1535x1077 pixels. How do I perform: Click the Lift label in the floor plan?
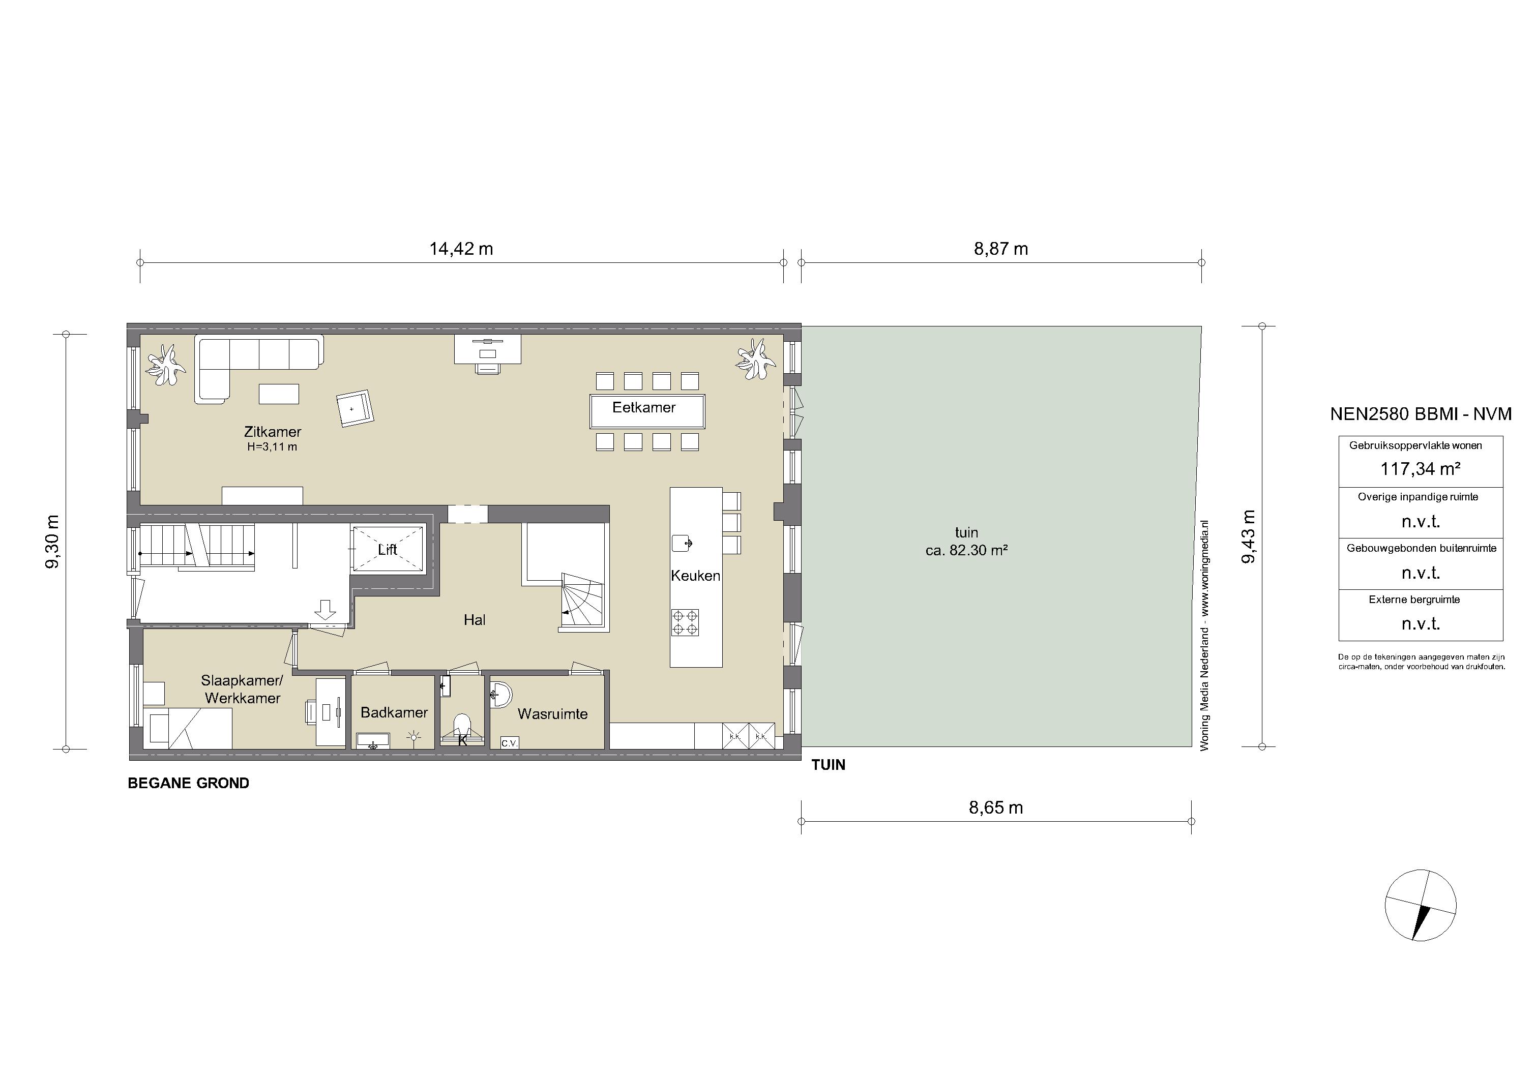tap(387, 550)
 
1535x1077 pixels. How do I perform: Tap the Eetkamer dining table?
tap(647, 411)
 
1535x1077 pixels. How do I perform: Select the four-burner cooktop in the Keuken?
tap(685, 622)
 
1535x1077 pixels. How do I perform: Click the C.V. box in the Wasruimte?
tap(510, 743)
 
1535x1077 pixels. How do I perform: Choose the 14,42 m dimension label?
tap(461, 249)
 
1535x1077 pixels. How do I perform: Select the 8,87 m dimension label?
tap(1001, 249)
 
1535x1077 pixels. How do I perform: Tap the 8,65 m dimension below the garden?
tap(996, 807)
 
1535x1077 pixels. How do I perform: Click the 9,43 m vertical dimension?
tap(1248, 537)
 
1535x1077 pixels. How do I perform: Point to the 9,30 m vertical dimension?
tap(52, 542)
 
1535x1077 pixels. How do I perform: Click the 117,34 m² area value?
tap(1420, 469)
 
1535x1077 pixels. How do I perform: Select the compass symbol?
tap(1420, 906)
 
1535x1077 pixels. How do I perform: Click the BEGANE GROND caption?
tap(189, 783)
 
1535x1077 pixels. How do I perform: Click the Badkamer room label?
tap(394, 712)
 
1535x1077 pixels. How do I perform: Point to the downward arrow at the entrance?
tap(326, 610)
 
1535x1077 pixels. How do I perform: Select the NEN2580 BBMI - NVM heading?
tap(1421, 414)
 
